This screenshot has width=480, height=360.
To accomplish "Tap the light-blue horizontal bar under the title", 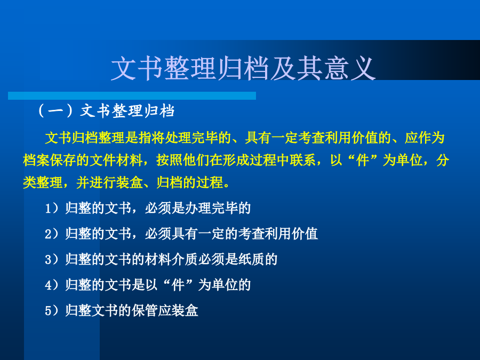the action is pyautogui.click(x=132, y=95).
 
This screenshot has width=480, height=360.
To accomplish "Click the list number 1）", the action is pyautogui.click(x=51, y=208).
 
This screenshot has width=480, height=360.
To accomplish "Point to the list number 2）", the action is pyautogui.click(x=51, y=234).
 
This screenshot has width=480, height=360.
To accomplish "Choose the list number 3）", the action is pyautogui.click(x=51, y=259).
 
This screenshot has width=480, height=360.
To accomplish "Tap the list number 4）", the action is pyautogui.click(x=51, y=285).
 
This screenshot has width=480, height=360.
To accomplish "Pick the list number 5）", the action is pyautogui.click(x=51, y=310).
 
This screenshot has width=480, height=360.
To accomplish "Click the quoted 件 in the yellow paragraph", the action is pyautogui.click(x=363, y=160).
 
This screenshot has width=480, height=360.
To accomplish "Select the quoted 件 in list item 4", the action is pyautogui.click(x=178, y=285).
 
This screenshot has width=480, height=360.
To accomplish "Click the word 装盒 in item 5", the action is pyautogui.click(x=185, y=310).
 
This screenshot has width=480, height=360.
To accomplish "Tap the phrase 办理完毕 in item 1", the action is pyautogui.click(x=211, y=208).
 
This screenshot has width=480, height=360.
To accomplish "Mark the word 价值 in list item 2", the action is pyautogui.click(x=305, y=234).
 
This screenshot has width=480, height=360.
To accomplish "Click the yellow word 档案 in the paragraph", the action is pyautogui.click(x=36, y=160).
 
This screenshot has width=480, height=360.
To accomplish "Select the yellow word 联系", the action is pyautogui.click(x=303, y=160).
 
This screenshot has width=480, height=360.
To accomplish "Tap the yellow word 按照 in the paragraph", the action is pyautogui.click(x=170, y=160).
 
